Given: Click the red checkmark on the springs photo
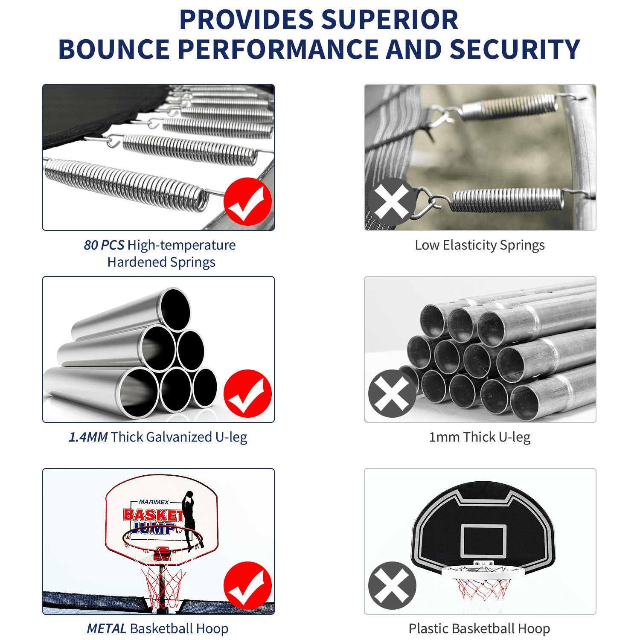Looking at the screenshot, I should pos(247,202).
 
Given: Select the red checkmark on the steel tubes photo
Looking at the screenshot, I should pos(247,393).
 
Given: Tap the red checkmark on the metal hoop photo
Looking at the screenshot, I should pos(247,585).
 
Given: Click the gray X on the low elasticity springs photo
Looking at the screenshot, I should pos(392,202).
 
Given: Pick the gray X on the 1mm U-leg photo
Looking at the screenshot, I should pos(392,393).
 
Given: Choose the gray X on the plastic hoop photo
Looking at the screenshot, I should pos(392,585).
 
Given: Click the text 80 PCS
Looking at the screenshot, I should pos(104,245).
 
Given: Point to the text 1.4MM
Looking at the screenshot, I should pos(88,437).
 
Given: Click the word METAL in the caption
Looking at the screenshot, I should pos(106,629).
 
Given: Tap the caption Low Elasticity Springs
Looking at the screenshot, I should pos(480,245).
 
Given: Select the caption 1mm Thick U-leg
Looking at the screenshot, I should pos(480,437).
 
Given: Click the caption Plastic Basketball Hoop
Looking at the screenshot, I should pos(479,629).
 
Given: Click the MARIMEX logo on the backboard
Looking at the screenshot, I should pos(154,502).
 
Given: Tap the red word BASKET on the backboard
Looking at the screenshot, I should pos(153,515).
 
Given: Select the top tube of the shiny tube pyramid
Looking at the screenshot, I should pos(175,309).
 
